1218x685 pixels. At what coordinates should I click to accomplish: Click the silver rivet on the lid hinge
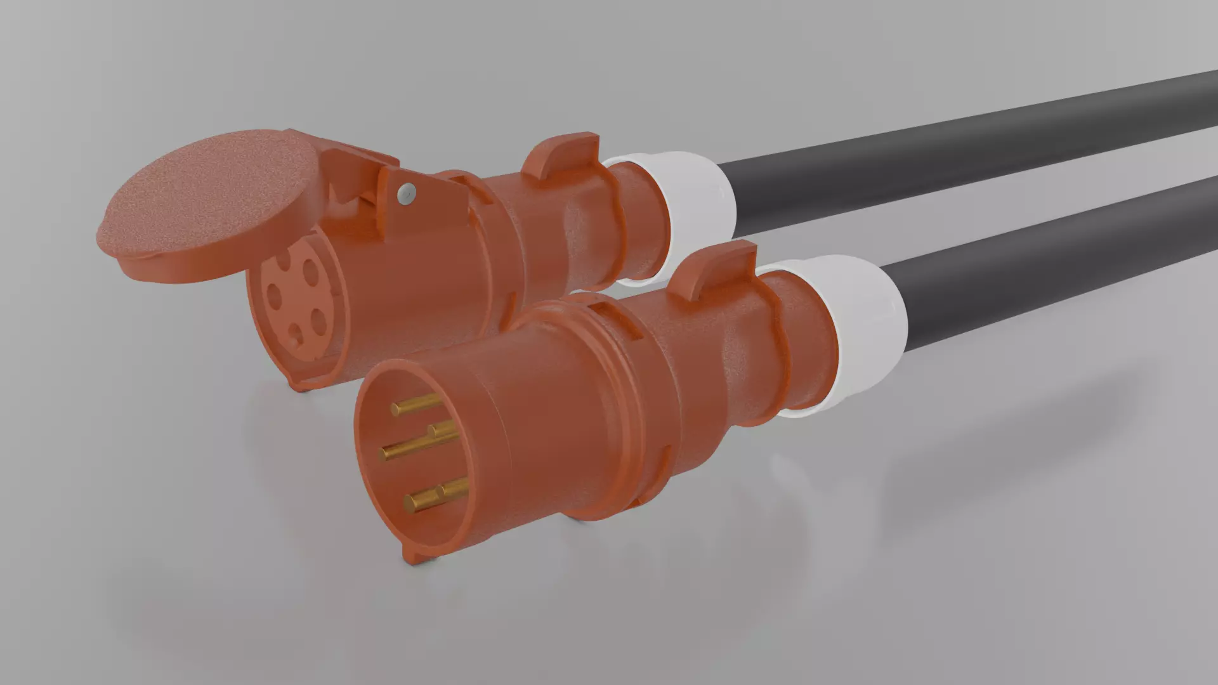click(407, 192)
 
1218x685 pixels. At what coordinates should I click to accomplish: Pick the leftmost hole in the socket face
click(275, 296)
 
